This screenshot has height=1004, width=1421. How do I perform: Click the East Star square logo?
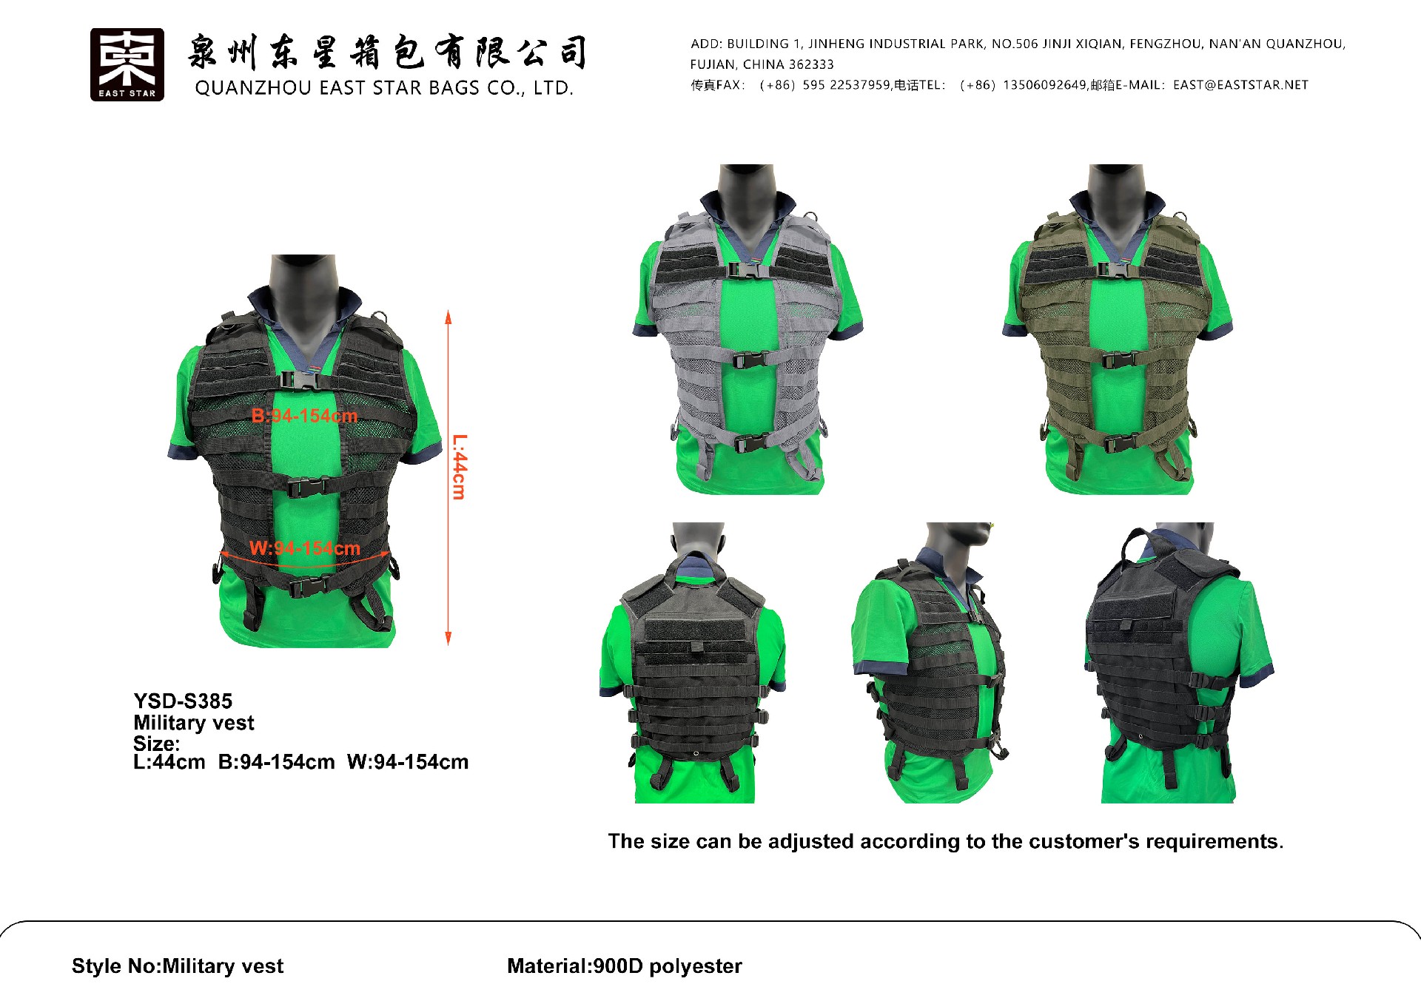[x=127, y=64]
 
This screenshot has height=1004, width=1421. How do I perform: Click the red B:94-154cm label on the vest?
[x=304, y=416]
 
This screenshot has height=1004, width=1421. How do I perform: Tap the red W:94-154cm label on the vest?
[x=305, y=548]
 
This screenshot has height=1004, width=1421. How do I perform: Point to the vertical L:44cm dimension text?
[x=460, y=467]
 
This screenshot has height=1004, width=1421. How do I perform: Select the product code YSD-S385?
[x=183, y=701]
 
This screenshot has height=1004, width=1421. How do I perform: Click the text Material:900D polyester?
[x=624, y=966]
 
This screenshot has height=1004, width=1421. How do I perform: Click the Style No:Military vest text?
[x=178, y=966]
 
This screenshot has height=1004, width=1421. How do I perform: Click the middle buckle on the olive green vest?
[x=1119, y=360]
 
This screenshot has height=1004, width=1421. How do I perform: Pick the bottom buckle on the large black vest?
[x=309, y=587]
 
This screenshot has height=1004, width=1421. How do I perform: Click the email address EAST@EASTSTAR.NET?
[x=1240, y=85]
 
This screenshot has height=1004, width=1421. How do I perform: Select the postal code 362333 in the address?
[x=811, y=64]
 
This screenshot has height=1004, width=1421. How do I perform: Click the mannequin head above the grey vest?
[x=746, y=185]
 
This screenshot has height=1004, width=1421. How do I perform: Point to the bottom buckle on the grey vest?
[x=752, y=444]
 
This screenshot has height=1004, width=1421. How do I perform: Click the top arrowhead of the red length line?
[x=448, y=317]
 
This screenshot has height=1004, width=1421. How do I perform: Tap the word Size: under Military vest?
[x=156, y=743]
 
